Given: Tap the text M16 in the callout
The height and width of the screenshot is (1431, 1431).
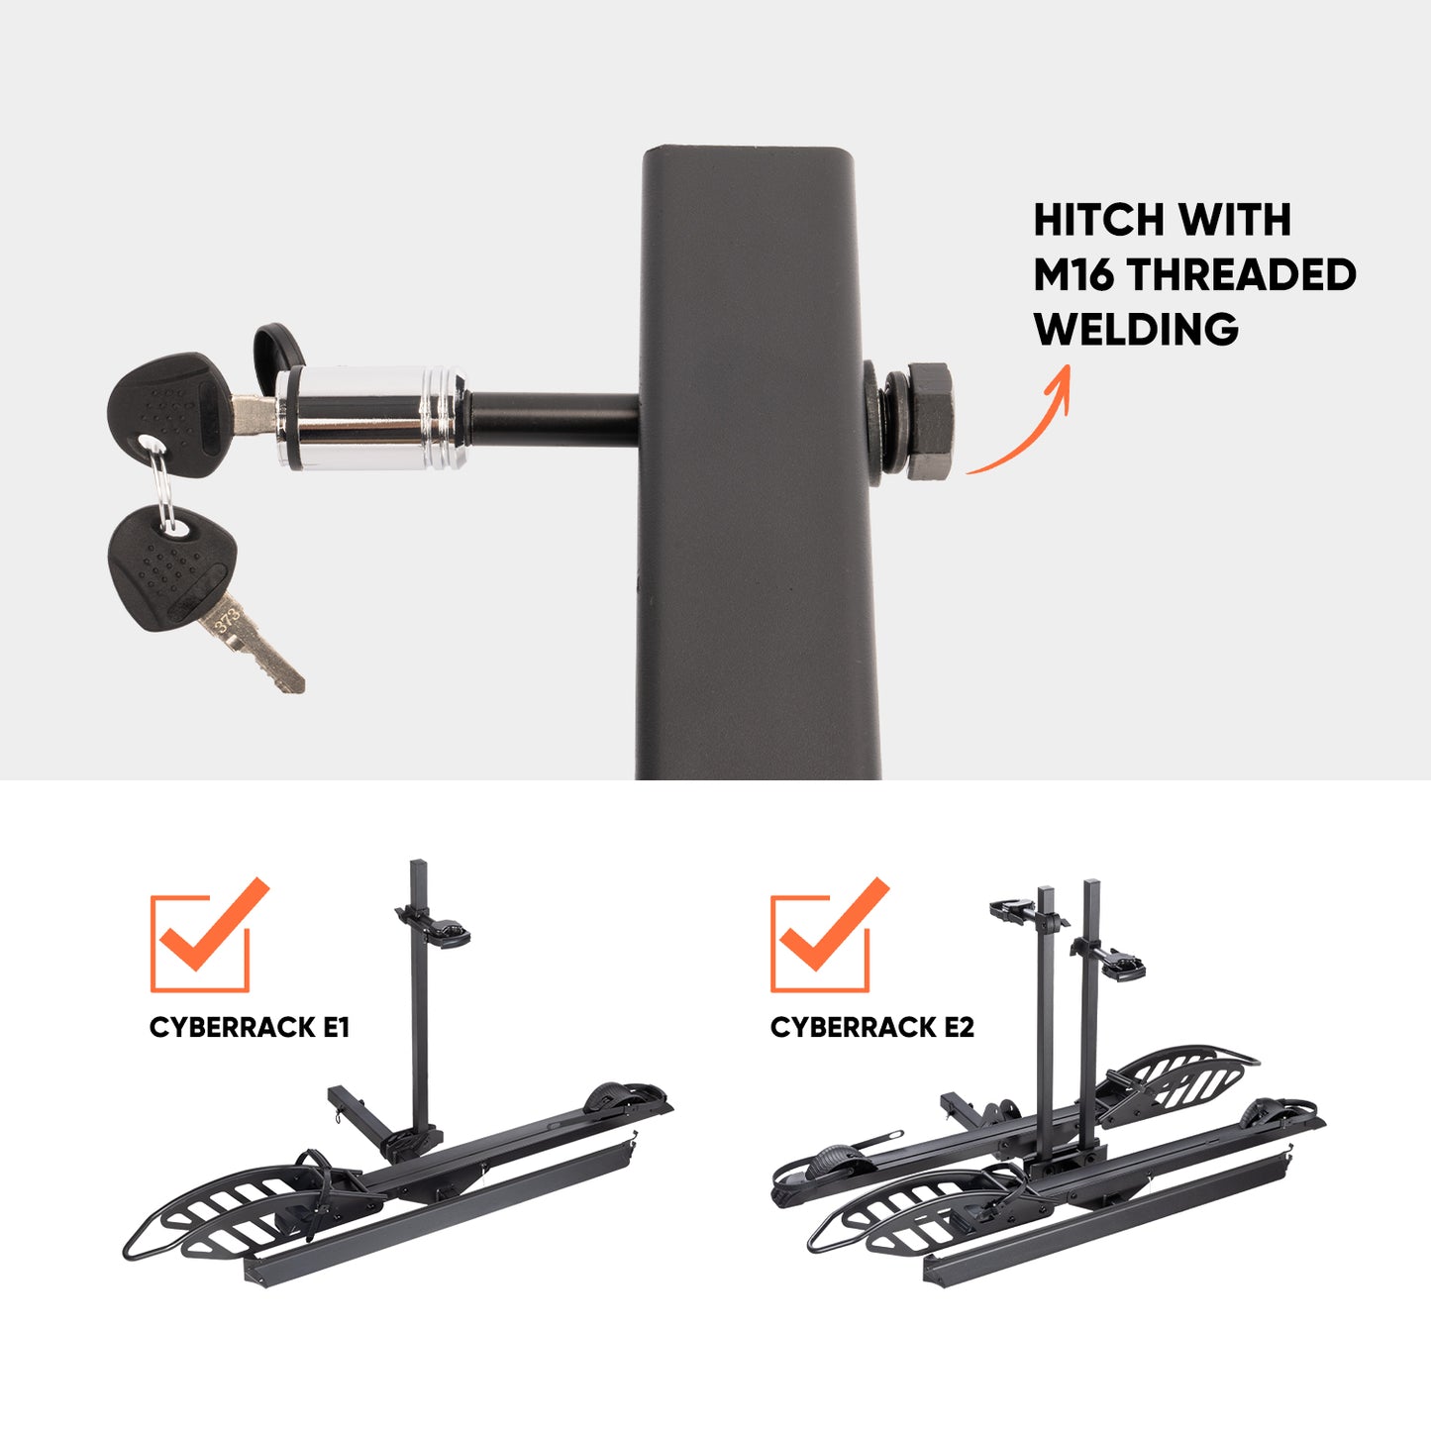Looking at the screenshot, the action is (x=1073, y=274).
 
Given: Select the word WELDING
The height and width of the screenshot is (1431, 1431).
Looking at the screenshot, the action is (x=1136, y=329).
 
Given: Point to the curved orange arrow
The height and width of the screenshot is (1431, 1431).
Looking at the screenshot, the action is (x=1036, y=431).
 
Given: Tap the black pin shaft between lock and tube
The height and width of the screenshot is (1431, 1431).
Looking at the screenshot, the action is (x=554, y=419).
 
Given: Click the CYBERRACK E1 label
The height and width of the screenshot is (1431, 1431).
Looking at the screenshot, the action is (x=249, y=1027).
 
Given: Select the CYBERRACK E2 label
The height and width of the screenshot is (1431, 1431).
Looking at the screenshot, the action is (x=871, y=1027).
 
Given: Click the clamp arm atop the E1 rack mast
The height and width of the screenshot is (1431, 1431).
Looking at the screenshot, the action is (x=435, y=927).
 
